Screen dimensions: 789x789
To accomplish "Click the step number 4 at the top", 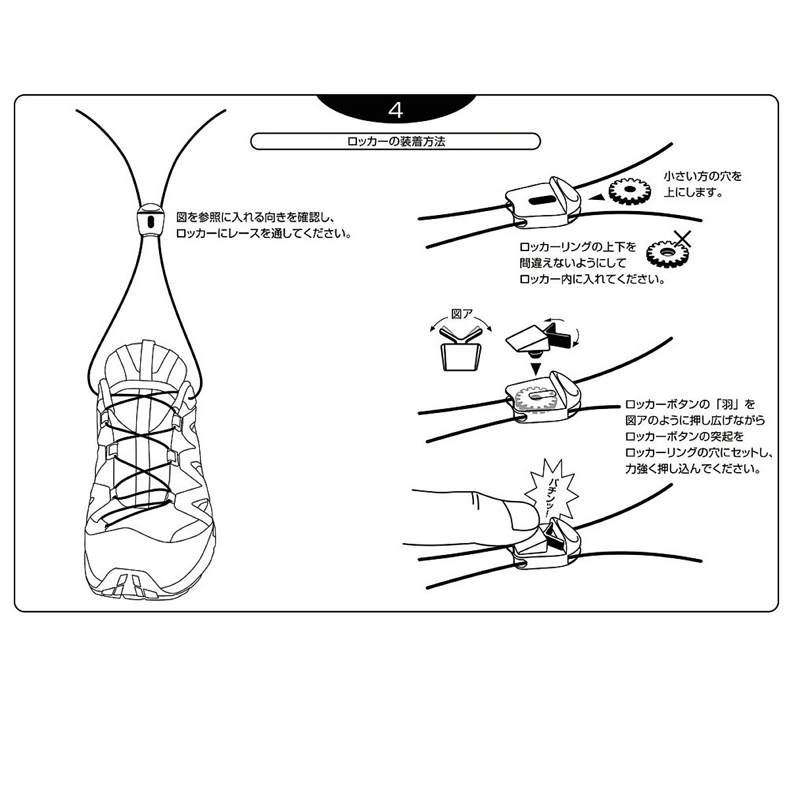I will [396, 110].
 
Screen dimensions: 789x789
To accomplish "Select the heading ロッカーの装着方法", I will [396, 141].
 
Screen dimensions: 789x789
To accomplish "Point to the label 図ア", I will [461, 314].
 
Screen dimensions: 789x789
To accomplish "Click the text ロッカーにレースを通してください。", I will [263, 233].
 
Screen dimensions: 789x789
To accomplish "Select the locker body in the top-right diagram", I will [543, 198].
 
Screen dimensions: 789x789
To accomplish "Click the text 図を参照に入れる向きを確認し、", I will [256, 216].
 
